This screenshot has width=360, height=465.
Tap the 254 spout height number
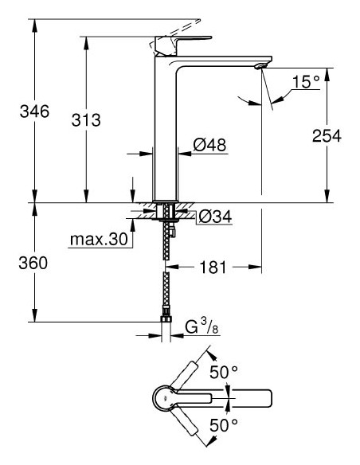326,136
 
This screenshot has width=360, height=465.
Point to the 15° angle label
305,83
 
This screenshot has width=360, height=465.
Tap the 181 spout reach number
212,268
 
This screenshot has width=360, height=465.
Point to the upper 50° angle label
224,372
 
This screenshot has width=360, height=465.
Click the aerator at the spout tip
259,68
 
